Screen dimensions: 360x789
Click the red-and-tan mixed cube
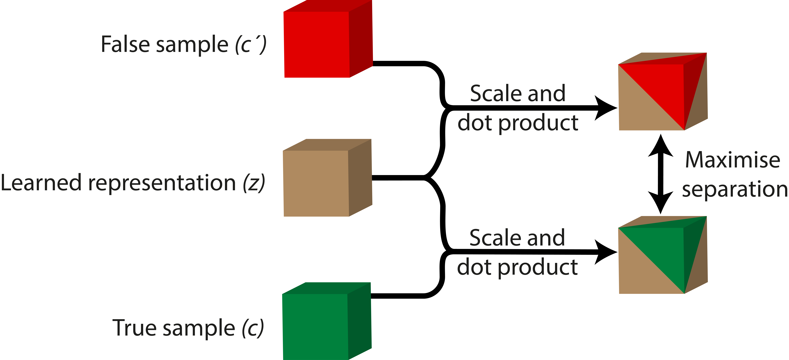[662, 92]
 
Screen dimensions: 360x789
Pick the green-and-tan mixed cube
[662, 256]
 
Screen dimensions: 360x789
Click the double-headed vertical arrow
[661, 174]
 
